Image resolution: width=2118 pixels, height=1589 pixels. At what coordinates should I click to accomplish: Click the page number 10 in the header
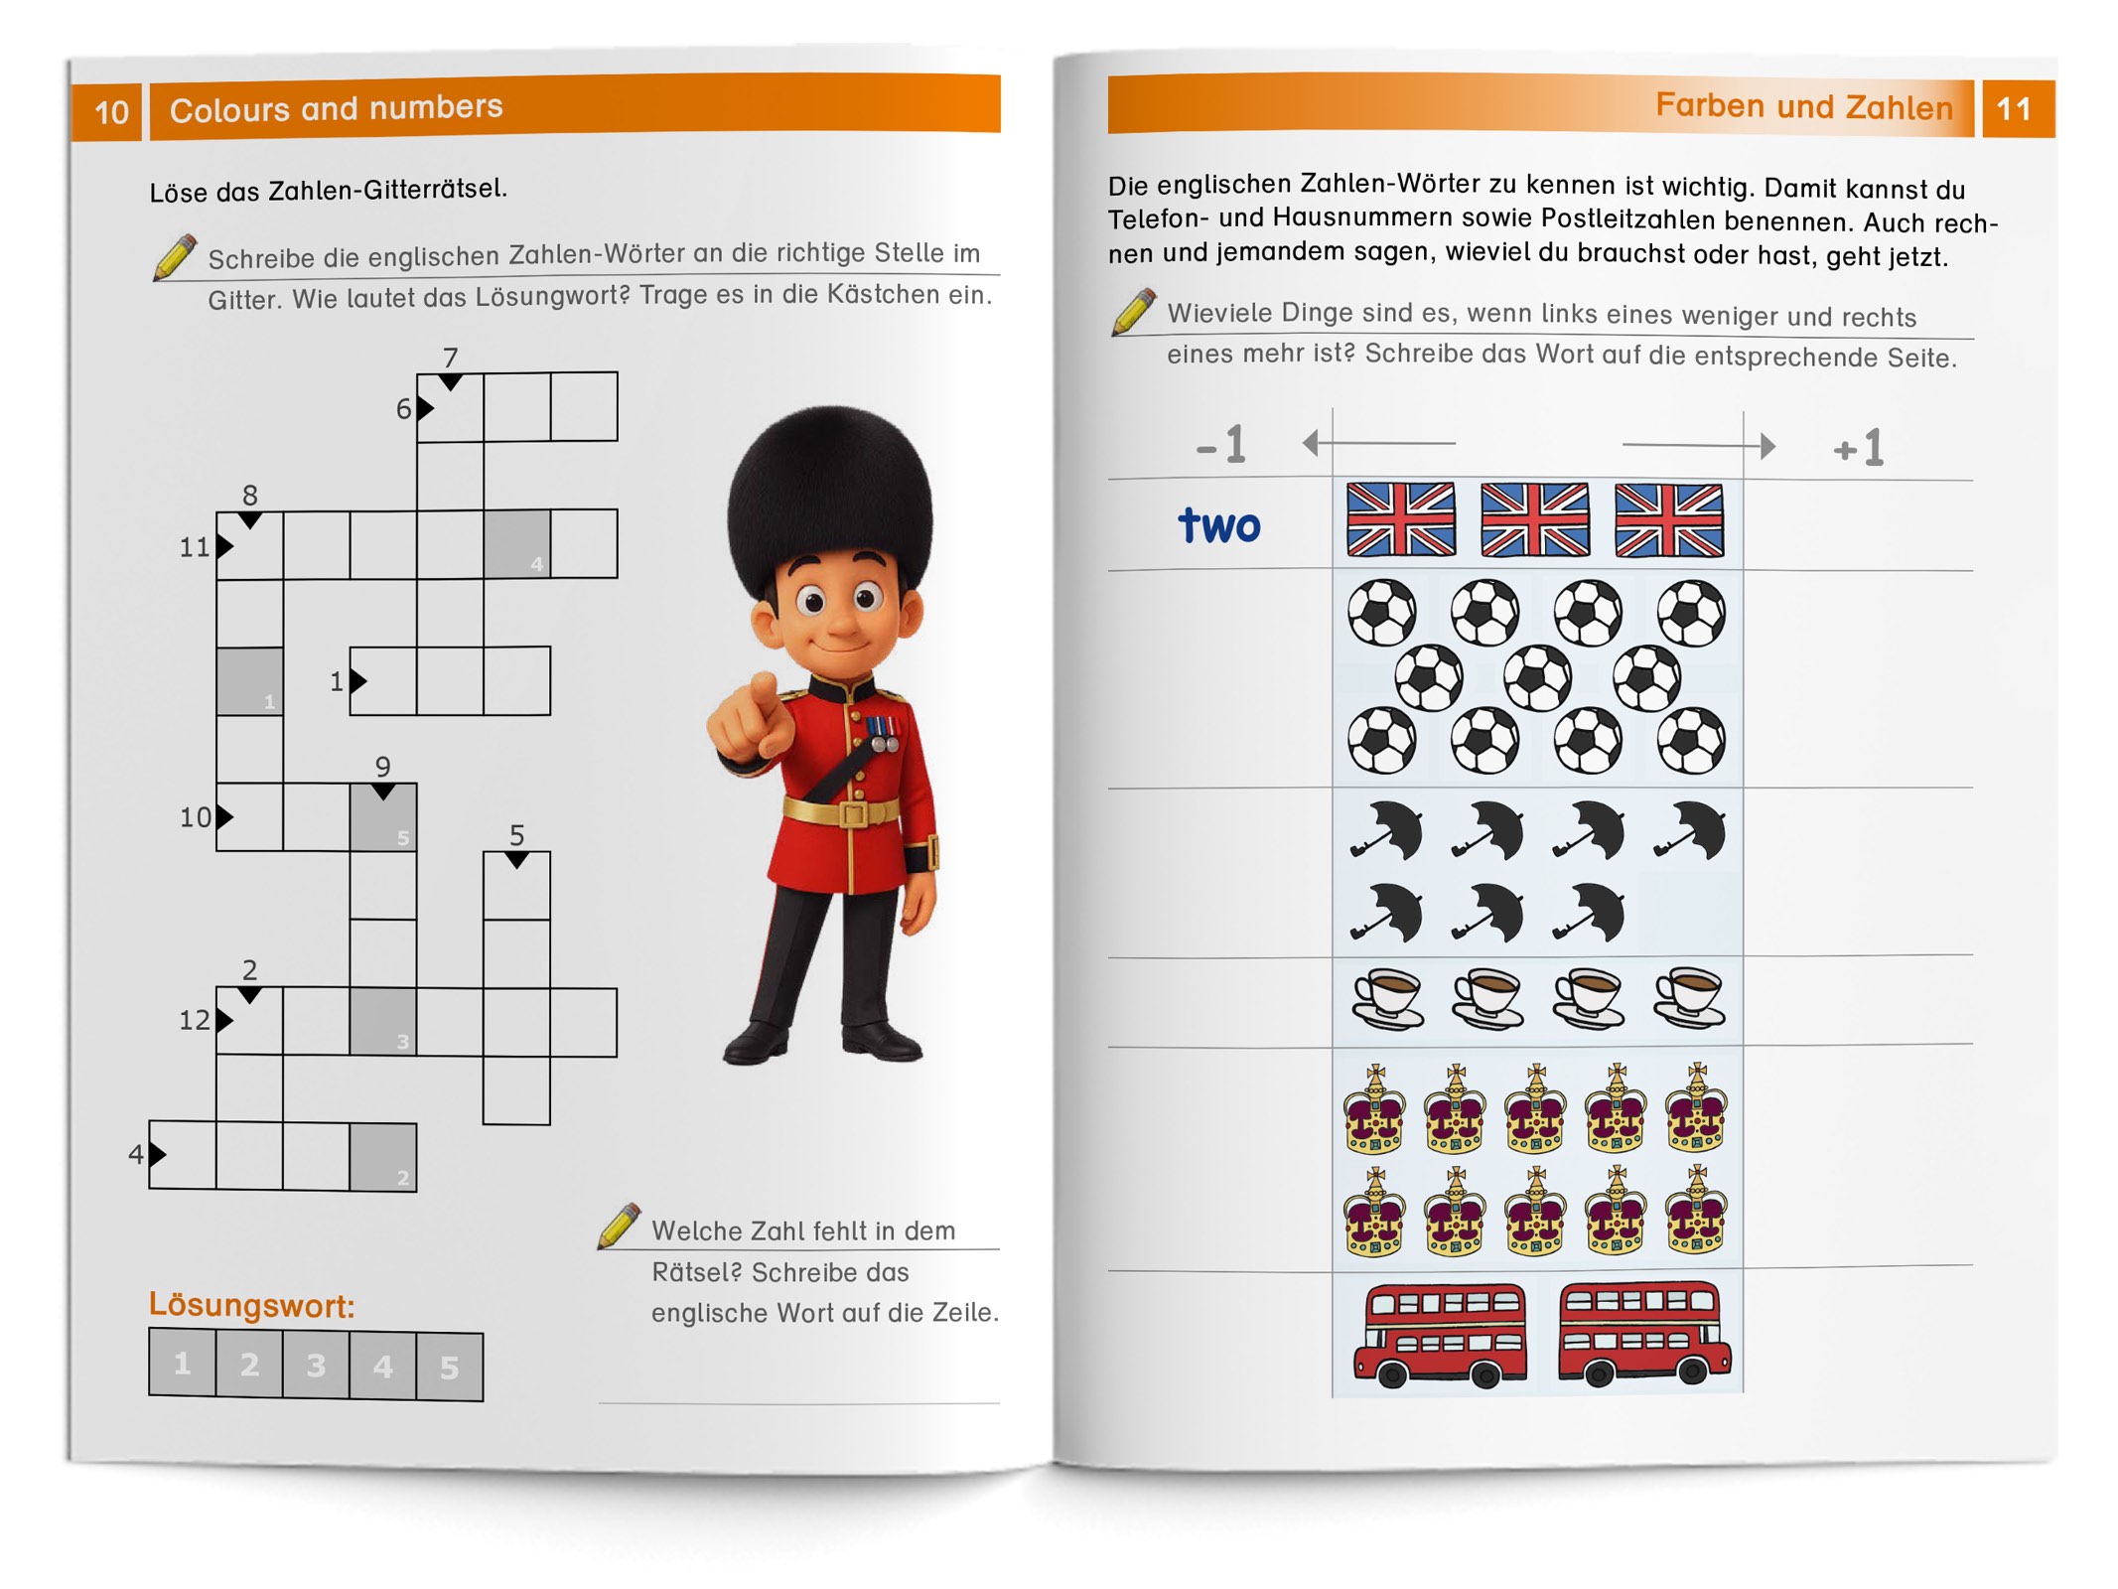[x=111, y=111]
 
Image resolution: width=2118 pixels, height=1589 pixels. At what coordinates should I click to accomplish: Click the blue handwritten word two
[x=1218, y=524]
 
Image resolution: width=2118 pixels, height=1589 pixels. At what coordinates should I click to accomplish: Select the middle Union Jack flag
[x=1534, y=518]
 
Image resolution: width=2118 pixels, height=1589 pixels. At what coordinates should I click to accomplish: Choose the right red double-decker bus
[x=1643, y=1332]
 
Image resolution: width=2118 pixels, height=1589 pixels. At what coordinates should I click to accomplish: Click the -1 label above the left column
[x=1221, y=444]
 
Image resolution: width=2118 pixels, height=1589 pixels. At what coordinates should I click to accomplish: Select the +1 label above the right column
[x=1858, y=449]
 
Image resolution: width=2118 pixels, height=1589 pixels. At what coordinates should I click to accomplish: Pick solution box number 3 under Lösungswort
[x=316, y=1366]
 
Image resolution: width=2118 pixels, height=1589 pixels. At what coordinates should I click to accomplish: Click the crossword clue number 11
[x=194, y=546]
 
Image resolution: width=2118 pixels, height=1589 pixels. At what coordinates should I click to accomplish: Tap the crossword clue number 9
[x=382, y=766]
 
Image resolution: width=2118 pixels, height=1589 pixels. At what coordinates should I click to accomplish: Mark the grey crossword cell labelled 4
[x=516, y=543]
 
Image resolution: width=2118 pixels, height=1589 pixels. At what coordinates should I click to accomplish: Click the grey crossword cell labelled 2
[x=382, y=1156]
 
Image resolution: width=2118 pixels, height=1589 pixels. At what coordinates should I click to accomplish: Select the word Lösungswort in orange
[x=251, y=1305]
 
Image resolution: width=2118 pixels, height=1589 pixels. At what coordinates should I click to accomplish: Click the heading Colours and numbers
[x=336, y=107]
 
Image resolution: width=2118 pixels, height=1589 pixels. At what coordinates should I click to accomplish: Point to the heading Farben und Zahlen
[x=1803, y=105]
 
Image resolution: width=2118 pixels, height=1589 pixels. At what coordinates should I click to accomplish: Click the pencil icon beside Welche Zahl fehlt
[x=619, y=1226]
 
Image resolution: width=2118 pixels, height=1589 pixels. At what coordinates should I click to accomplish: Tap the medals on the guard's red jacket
[x=881, y=733]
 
